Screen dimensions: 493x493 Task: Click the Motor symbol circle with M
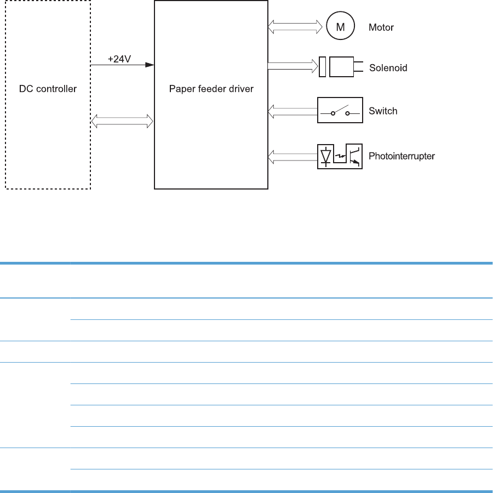pos(340,26)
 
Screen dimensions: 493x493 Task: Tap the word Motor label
pos(381,27)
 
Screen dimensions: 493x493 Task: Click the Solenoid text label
pos(388,68)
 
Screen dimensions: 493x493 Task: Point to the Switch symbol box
pos(340,111)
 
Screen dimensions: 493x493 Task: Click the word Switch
pos(383,111)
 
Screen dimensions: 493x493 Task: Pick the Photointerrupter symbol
pos(340,157)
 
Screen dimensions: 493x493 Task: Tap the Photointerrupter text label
pos(402,157)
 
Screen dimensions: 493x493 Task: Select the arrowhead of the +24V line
pos(149,65)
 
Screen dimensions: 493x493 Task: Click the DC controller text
pos(48,89)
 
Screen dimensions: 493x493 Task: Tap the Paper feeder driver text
pos(211,89)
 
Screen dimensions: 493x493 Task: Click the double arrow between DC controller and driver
pos(122,121)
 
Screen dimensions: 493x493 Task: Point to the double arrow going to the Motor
pos(295,26)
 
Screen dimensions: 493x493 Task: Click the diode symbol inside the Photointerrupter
pos(326,156)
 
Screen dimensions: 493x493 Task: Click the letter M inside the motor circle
pos(340,27)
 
